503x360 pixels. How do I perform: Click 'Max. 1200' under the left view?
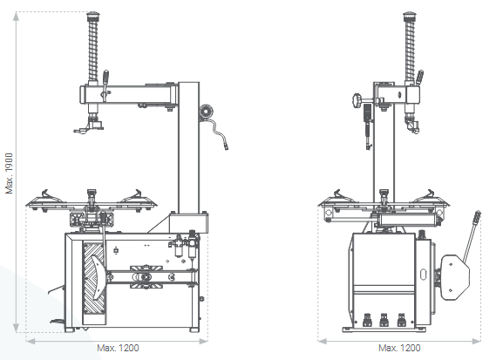(x=119, y=348)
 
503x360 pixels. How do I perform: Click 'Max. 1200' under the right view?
(x=400, y=348)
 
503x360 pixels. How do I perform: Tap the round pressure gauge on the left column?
(x=207, y=112)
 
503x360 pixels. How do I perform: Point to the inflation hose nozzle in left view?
(x=226, y=144)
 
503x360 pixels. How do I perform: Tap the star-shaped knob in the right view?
(x=357, y=105)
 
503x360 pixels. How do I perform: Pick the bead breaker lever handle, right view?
(x=476, y=218)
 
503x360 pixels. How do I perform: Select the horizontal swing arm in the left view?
(x=131, y=94)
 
